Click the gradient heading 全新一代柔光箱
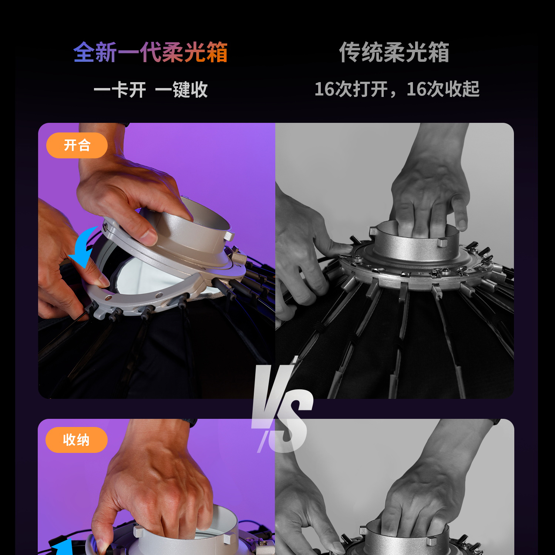coord(150,52)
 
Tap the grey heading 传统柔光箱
coord(394,52)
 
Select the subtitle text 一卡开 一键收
coord(151,90)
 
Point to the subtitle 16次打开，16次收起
coord(397,89)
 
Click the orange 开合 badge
coord(77,145)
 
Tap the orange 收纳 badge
coord(77,440)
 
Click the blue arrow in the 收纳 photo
coord(63,548)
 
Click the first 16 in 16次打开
coord(324,89)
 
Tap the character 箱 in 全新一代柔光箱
coord(217,52)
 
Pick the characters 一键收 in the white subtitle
coord(181,90)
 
